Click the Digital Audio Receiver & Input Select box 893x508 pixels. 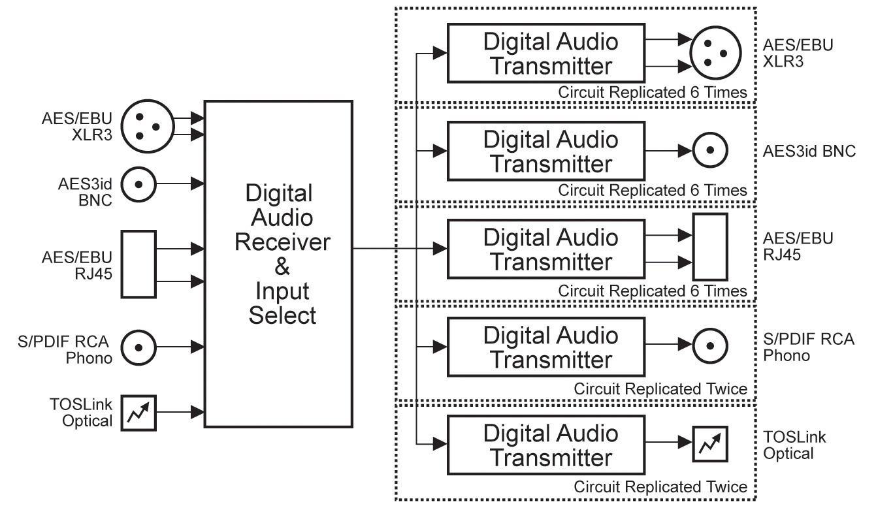(279, 264)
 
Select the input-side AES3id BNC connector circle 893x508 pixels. (138, 184)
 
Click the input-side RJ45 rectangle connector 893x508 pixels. (139, 264)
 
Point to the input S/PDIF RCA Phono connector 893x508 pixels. (138, 347)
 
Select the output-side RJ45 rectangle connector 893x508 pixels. (710, 249)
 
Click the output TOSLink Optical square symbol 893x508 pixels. (710, 445)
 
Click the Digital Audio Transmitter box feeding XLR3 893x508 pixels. (546, 54)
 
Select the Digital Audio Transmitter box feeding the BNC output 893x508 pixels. (546, 151)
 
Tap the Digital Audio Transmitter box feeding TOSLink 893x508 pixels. (546, 445)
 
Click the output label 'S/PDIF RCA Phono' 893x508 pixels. (809, 347)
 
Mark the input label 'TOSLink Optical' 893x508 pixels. (88, 413)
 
